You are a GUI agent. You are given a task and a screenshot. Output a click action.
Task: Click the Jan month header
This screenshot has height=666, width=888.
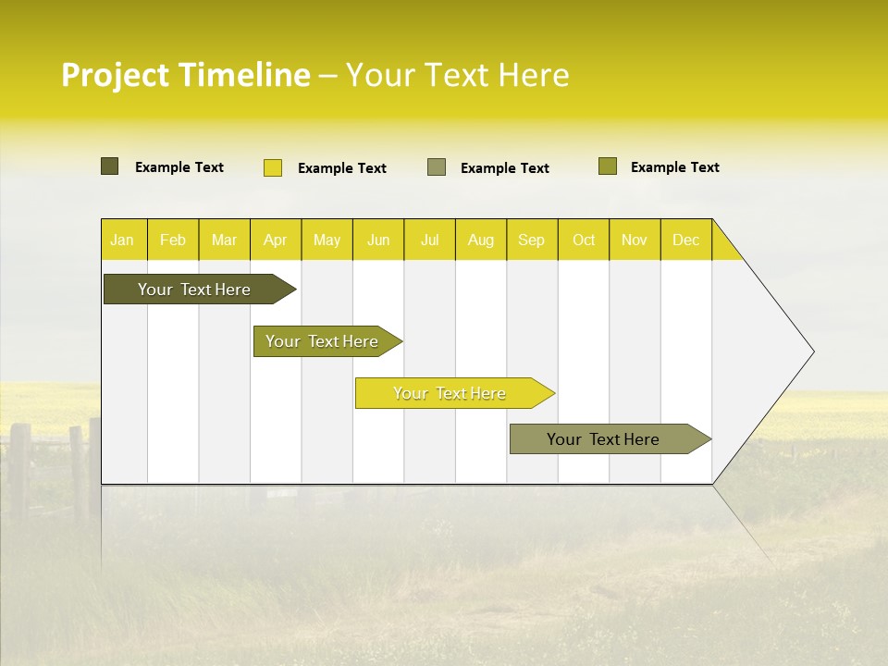point(123,240)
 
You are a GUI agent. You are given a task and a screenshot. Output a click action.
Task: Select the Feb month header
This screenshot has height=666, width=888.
point(173,240)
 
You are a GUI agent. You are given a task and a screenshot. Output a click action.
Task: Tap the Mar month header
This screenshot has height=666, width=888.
point(224,240)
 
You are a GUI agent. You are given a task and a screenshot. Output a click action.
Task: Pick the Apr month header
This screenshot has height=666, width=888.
point(276,240)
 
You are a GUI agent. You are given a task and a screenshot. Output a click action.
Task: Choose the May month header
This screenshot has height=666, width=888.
point(327,240)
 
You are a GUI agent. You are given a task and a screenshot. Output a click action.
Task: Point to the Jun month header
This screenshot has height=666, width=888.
point(378,240)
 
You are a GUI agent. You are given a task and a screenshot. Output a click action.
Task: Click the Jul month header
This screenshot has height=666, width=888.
point(429,240)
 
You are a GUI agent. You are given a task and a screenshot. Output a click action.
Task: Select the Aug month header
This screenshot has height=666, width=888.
point(481,240)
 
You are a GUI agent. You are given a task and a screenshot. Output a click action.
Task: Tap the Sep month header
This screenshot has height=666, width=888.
point(532,240)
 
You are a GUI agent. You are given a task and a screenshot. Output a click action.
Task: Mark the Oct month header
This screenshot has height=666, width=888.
point(584,240)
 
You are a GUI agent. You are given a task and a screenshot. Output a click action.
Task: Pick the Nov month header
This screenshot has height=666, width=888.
point(635,240)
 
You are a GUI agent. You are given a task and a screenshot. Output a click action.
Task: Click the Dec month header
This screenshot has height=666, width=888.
point(686,240)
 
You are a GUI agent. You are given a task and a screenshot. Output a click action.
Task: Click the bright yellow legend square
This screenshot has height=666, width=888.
point(273,167)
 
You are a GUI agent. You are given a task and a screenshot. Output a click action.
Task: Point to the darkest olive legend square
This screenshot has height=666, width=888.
point(110,166)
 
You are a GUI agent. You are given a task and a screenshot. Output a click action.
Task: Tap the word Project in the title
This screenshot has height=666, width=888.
point(116,75)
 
